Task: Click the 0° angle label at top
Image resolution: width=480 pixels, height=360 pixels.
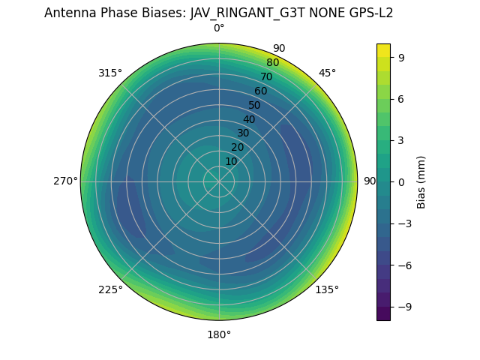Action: tap(219, 28)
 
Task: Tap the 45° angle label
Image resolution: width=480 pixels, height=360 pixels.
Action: tap(327, 73)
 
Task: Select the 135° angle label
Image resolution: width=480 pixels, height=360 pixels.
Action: tap(327, 289)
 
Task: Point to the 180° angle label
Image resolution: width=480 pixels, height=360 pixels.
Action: tap(219, 334)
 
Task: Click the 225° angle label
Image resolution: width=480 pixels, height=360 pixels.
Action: tap(110, 290)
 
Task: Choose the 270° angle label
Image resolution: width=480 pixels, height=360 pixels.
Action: tap(65, 181)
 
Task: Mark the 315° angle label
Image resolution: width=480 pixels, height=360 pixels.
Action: tap(110, 73)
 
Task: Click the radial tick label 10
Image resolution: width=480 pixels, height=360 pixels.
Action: tap(231, 161)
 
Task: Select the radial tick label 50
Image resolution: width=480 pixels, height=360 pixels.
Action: tap(255, 106)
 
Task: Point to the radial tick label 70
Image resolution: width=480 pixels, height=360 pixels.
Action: tap(266, 77)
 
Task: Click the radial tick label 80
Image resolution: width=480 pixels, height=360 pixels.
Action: tap(272, 63)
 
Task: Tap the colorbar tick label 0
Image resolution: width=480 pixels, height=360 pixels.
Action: tap(401, 182)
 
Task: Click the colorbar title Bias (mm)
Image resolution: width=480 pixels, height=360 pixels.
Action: tap(421, 182)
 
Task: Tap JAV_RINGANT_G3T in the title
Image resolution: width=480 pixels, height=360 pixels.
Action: tap(241, 13)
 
